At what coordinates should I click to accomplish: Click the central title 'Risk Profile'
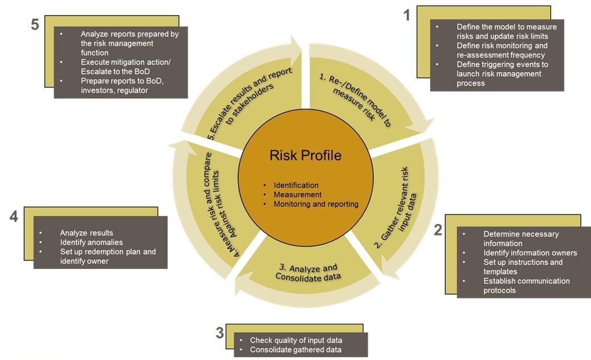(305, 155)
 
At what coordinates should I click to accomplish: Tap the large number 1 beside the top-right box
(406, 15)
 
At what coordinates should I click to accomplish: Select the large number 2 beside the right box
(438, 230)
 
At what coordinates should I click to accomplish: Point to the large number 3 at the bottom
(220, 333)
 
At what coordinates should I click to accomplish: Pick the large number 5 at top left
(35, 26)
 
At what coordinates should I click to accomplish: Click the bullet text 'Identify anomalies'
(91, 242)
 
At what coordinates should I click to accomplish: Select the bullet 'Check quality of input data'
(296, 340)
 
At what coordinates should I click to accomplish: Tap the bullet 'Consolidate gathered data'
(295, 349)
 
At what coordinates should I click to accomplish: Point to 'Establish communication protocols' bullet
(526, 285)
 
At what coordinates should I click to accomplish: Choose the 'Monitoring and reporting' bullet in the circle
(316, 204)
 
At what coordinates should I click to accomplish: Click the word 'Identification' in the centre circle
(296, 185)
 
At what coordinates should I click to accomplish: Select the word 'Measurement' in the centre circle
(298, 195)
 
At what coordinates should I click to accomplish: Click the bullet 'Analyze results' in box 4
(86, 233)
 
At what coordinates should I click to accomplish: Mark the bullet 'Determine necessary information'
(521, 238)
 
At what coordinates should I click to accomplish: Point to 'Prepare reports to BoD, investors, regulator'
(122, 85)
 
